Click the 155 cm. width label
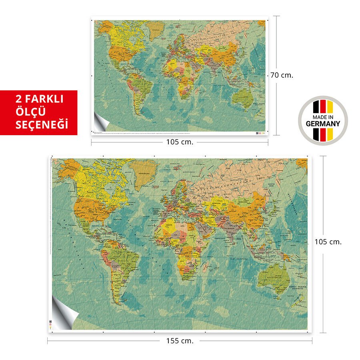180,341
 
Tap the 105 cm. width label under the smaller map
180,142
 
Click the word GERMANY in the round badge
323,124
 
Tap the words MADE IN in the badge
323,117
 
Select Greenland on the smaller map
155,30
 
